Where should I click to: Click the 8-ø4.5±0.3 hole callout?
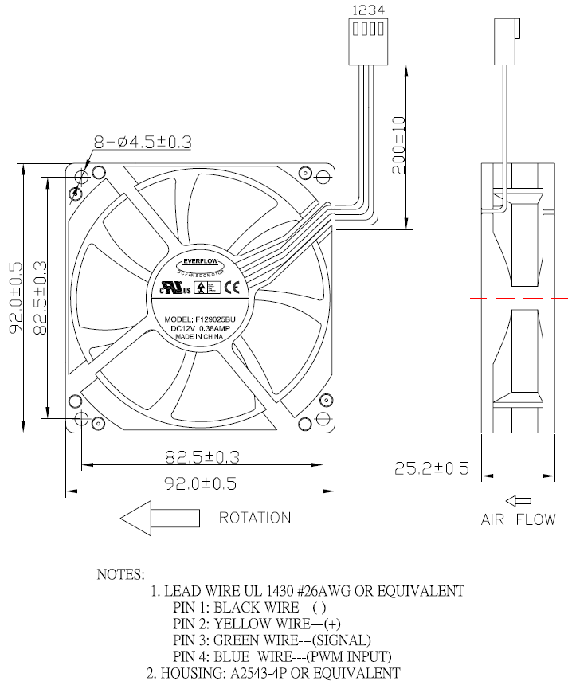[x=143, y=143]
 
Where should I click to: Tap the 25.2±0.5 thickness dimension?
[x=431, y=468]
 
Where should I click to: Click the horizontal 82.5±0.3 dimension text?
[x=202, y=456]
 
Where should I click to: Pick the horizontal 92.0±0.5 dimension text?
[x=202, y=483]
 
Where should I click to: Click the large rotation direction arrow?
[x=159, y=518]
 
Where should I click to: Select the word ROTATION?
[x=255, y=518]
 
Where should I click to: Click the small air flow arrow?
[x=519, y=501]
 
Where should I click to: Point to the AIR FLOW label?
[x=518, y=520]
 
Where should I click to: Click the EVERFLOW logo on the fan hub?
[x=202, y=260]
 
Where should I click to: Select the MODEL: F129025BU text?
[x=200, y=319]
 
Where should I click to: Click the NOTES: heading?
[x=120, y=573]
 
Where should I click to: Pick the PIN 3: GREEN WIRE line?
[x=272, y=640]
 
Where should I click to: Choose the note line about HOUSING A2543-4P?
[x=272, y=672]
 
